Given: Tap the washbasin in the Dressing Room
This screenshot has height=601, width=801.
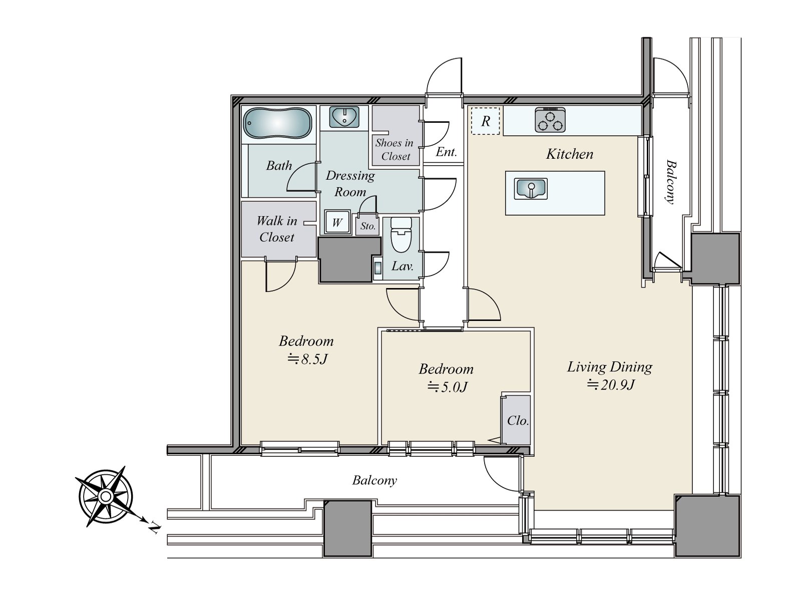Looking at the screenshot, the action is pos(344,117).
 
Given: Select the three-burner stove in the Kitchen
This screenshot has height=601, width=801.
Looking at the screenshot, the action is pos(550,119).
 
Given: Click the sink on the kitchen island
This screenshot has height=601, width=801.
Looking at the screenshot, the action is pos(531,189).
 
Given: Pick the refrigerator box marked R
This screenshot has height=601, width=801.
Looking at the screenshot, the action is pos(485,121).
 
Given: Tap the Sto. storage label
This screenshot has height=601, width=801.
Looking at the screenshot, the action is pos(367,226).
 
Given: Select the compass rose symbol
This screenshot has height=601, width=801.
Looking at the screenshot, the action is pos(105,496).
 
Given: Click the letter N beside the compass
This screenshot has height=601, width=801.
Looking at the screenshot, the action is pos(154,528).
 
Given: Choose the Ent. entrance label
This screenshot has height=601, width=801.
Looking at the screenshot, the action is pos(446,152).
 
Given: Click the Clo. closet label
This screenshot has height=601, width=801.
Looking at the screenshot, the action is pos(518,421).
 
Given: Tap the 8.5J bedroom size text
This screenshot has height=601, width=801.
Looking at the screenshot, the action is pos(307,359).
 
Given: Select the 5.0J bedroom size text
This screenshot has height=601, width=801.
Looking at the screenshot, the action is pos(448,387).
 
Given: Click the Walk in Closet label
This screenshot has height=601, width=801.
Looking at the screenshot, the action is pos(277,229).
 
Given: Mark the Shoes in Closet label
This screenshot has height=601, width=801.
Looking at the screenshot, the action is pos(394,150).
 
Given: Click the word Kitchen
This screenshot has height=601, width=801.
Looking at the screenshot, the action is pos(569,154).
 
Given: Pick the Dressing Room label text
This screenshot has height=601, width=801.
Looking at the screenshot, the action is pos(350,183).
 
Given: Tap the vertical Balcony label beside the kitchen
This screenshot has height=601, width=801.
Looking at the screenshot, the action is pos(670,181).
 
